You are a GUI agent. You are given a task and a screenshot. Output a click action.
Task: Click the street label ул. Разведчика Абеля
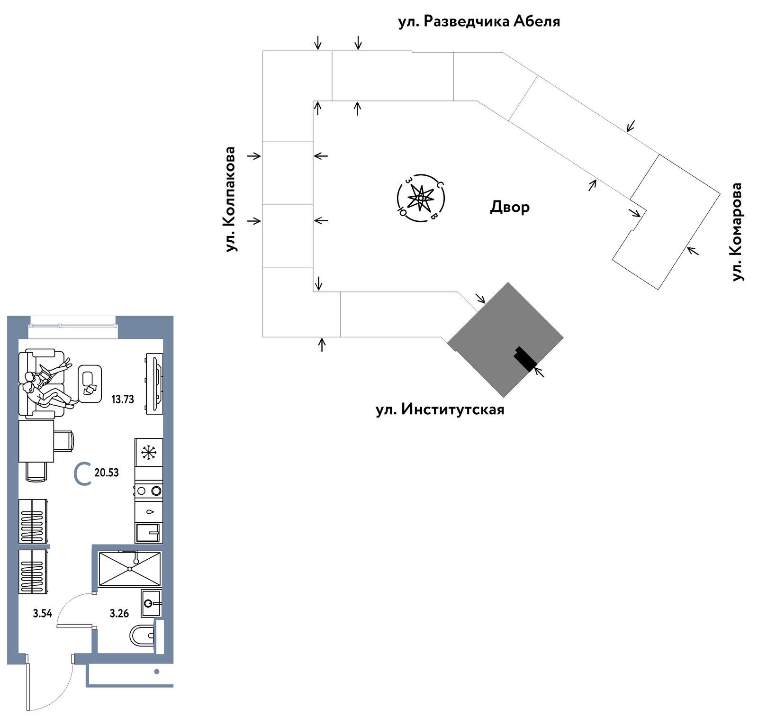click(x=479, y=22)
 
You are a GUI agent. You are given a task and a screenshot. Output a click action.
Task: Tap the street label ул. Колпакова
click(x=230, y=200)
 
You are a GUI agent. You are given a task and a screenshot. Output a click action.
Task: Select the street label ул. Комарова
click(x=737, y=232)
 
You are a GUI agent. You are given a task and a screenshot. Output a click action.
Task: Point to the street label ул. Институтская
click(x=440, y=409)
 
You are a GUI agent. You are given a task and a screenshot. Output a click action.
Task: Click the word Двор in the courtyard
click(x=510, y=207)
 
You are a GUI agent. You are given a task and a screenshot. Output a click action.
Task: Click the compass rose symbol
click(x=420, y=198)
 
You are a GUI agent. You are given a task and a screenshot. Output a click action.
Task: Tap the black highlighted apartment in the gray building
click(x=525, y=359)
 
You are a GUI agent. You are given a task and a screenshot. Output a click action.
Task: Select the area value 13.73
click(x=123, y=400)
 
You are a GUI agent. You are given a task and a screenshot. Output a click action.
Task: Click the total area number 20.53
click(x=107, y=473)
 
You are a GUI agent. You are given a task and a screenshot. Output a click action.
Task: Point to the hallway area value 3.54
click(x=43, y=614)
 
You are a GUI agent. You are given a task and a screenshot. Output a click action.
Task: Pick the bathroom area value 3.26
click(x=119, y=614)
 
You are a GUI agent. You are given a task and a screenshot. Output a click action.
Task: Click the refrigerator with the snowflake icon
click(x=149, y=452)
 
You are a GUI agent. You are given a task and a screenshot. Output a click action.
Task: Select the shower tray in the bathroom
click(x=130, y=569)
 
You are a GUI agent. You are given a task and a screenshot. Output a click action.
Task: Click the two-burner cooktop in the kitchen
click(x=149, y=491)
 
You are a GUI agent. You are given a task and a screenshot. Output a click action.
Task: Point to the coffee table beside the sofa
click(x=90, y=384)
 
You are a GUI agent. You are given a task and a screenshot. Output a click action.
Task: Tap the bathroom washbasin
click(x=152, y=603)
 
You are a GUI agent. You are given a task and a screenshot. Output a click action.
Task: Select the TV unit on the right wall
click(x=154, y=384)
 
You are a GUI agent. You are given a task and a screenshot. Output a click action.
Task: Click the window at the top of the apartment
click(x=72, y=325)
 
